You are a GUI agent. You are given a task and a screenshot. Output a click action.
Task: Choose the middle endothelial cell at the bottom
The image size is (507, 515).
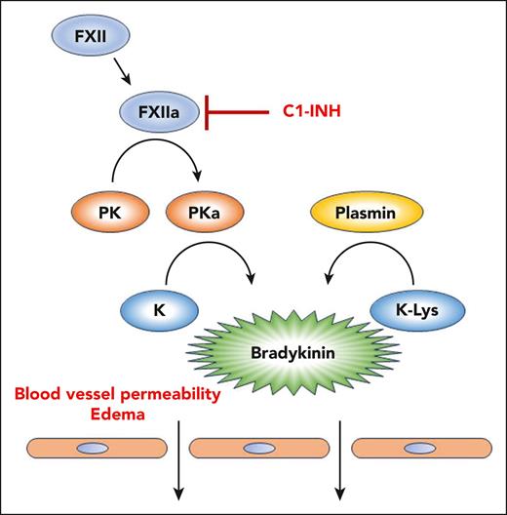click(x=257, y=450)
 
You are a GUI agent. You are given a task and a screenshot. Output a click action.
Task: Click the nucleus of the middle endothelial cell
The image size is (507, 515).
click(x=257, y=450)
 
